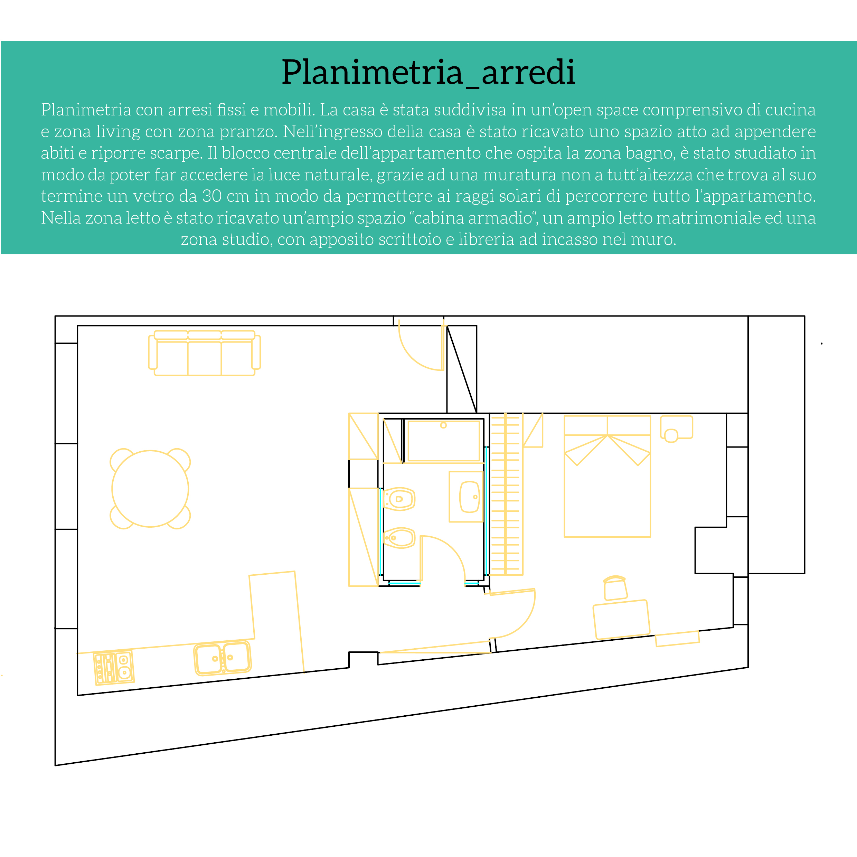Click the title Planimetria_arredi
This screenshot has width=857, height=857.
(x=428, y=72)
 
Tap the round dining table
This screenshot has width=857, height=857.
(x=150, y=489)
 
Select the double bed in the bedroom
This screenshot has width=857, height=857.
(x=607, y=483)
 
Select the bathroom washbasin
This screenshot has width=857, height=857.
(x=469, y=497)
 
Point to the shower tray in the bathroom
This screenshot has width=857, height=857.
(x=444, y=441)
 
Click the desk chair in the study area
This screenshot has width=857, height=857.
(x=615, y=588)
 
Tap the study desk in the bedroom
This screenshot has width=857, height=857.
(x=621, y=620)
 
